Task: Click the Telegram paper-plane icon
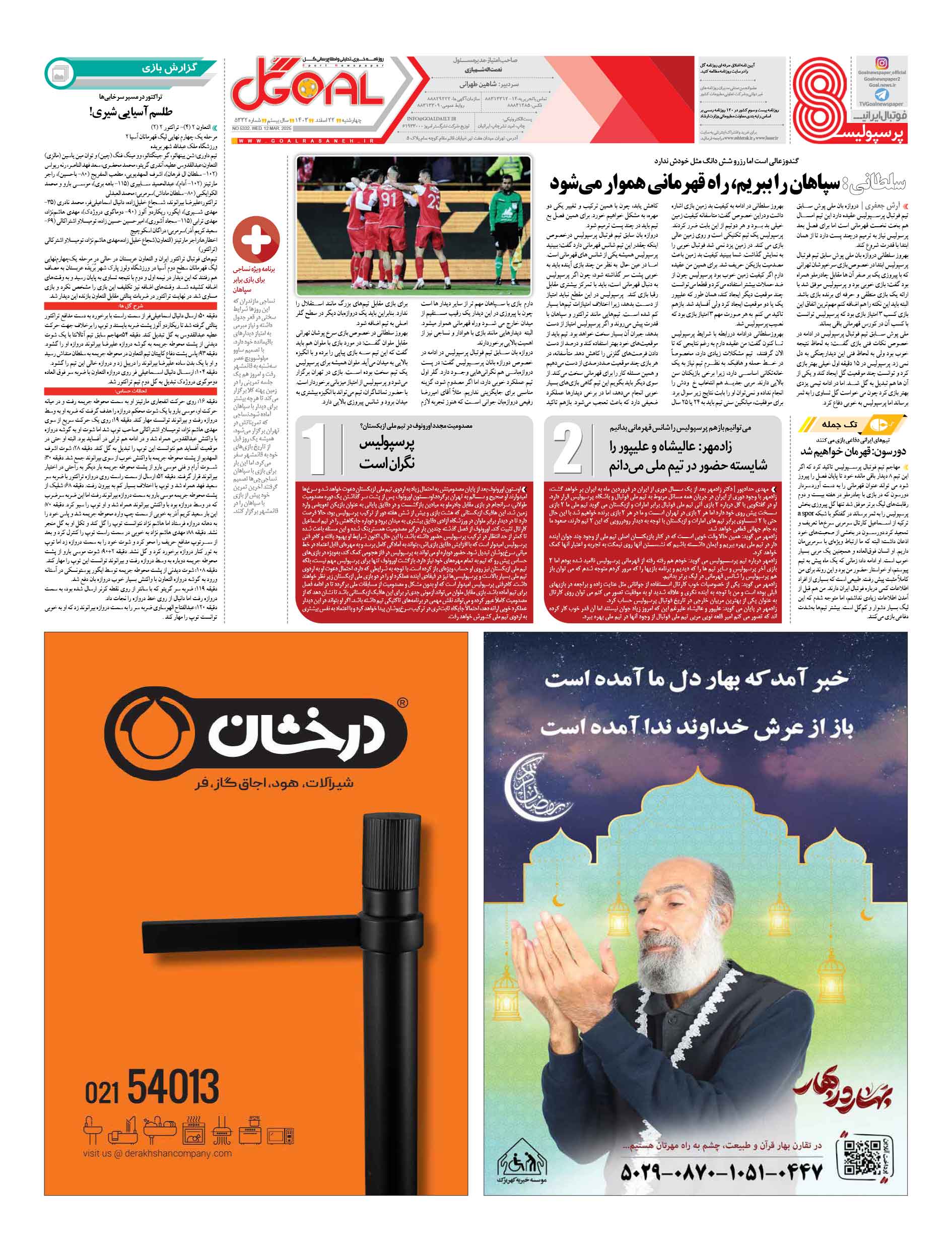point(881,95)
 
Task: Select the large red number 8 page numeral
point(820,100)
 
